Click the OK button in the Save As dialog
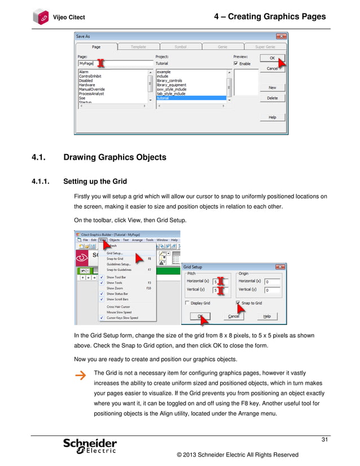click(x=272, y=58)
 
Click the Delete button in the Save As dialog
click(x=272, y=98)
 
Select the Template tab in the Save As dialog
click(x=138, y=47)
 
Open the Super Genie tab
click(x=265, y=47)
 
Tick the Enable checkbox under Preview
click(x=236, y=64)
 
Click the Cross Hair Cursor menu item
click(x=118, y=306)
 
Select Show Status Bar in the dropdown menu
click(x=117, y=294)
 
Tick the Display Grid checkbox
click(x=187, y=303)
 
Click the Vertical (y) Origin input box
click(x=273, y=290)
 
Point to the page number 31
click(x=324, y=440)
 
